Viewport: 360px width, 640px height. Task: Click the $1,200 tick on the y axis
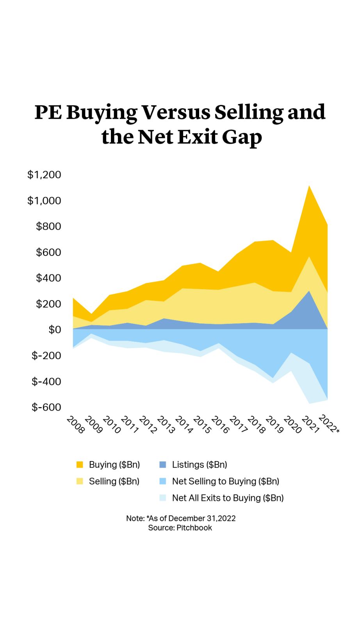pyautogui.click(x=44, y=175)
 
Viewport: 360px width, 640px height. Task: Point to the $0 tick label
pyautogui.click(x=55, y=330)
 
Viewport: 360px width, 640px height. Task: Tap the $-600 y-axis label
pyautogui.click(x=46, y=407)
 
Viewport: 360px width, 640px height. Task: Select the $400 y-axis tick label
pyautogui.click(x=48, y=278)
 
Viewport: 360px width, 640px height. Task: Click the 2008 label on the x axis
pyautogui.click(x=75, y=425)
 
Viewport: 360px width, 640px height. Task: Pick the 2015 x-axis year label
pyautogui.click(x=202, y=425)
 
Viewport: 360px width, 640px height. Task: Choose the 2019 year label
pyautogui.click(x=274, y=425)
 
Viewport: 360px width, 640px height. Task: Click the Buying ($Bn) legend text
pyautogui.click(x=114, y=465)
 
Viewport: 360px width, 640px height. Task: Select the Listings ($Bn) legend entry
pyautogui.click(x=199, y=465)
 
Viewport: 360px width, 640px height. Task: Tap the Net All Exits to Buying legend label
pyautogui.click(x=228, y=498)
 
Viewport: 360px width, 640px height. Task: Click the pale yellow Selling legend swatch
pyautogui.click(x=80, y=481)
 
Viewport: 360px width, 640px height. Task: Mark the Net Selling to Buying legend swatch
pyautogui.click(x=163, y=481)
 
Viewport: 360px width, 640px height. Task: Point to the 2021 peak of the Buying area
pyautogui.click(x=309, y=186)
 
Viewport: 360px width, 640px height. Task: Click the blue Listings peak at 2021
pyautogui.click(x=309, y=291)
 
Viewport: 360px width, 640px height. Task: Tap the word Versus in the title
pyautogui.click(x=175, y=112)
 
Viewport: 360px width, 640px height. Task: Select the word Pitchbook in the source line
pyautogui.click(x=194, y=528)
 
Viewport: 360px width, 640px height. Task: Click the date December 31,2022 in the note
pyautogui.click(x=202, y=518)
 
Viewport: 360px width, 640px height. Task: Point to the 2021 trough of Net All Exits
pyautogui.click(x=309, y=403)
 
